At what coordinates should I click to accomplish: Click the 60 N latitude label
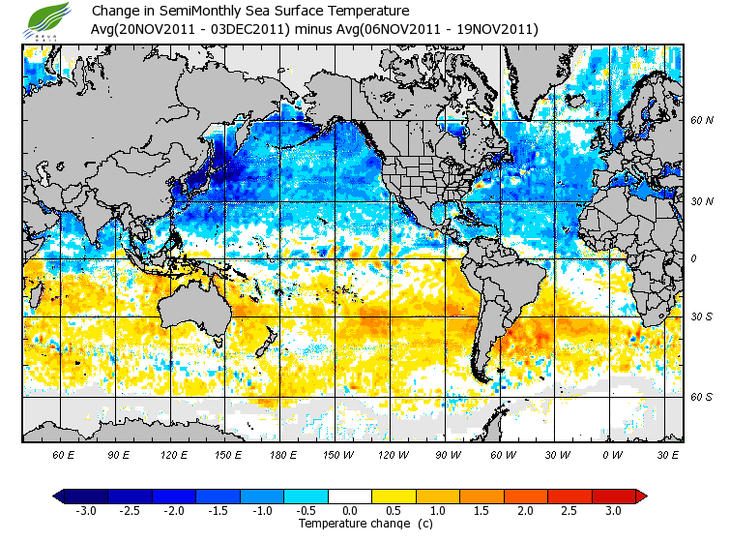tap(702, 121)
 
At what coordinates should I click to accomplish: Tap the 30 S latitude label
tap(702, 316)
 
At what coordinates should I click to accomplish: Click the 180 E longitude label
tap(283, 454)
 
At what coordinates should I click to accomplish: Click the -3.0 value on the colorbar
tap(86, 510)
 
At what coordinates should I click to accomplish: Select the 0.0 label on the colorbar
tap(350, 510)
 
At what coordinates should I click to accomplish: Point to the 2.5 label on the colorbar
tap(569, 510)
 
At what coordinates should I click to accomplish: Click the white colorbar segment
tap(350, 496)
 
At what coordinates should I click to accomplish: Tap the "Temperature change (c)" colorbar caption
tap(365, 524)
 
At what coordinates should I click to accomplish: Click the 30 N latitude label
tap(702, 201)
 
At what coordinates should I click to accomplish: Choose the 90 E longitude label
tap(119, 454)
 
